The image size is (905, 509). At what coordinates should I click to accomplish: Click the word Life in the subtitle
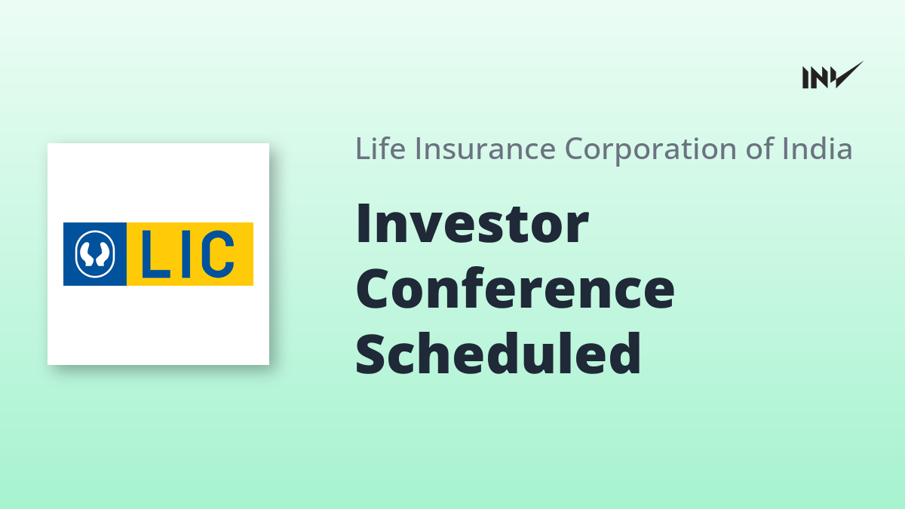[x=380, y=149]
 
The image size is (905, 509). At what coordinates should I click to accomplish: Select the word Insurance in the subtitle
[x=485, y=149]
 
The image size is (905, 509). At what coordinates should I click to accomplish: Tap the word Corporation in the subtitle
[x=650, y=150]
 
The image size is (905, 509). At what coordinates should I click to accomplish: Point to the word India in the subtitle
[x=817, y=149]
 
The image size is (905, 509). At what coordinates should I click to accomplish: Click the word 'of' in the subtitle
[x=759, y=149]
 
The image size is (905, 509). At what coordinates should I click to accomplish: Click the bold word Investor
[x=472, y=223]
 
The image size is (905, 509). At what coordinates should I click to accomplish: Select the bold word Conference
[x=514, y=288]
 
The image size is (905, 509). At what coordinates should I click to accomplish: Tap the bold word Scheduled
[x=499, y=353]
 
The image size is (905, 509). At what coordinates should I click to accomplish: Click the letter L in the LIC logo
[x=155, y=254]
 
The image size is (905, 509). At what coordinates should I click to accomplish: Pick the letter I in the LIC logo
[x=186, y=254]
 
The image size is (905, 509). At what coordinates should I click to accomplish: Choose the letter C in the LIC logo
[x=218, y=254]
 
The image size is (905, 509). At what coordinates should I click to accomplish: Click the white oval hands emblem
[x=95, y=254]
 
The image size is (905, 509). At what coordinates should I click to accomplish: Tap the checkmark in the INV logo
[x=849, y=74]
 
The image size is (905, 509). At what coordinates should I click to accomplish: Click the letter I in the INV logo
[x=805, y=78]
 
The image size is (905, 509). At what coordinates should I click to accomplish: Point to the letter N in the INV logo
[x=819, y=78]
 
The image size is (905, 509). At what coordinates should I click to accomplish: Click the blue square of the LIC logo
[x=95, y=254]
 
